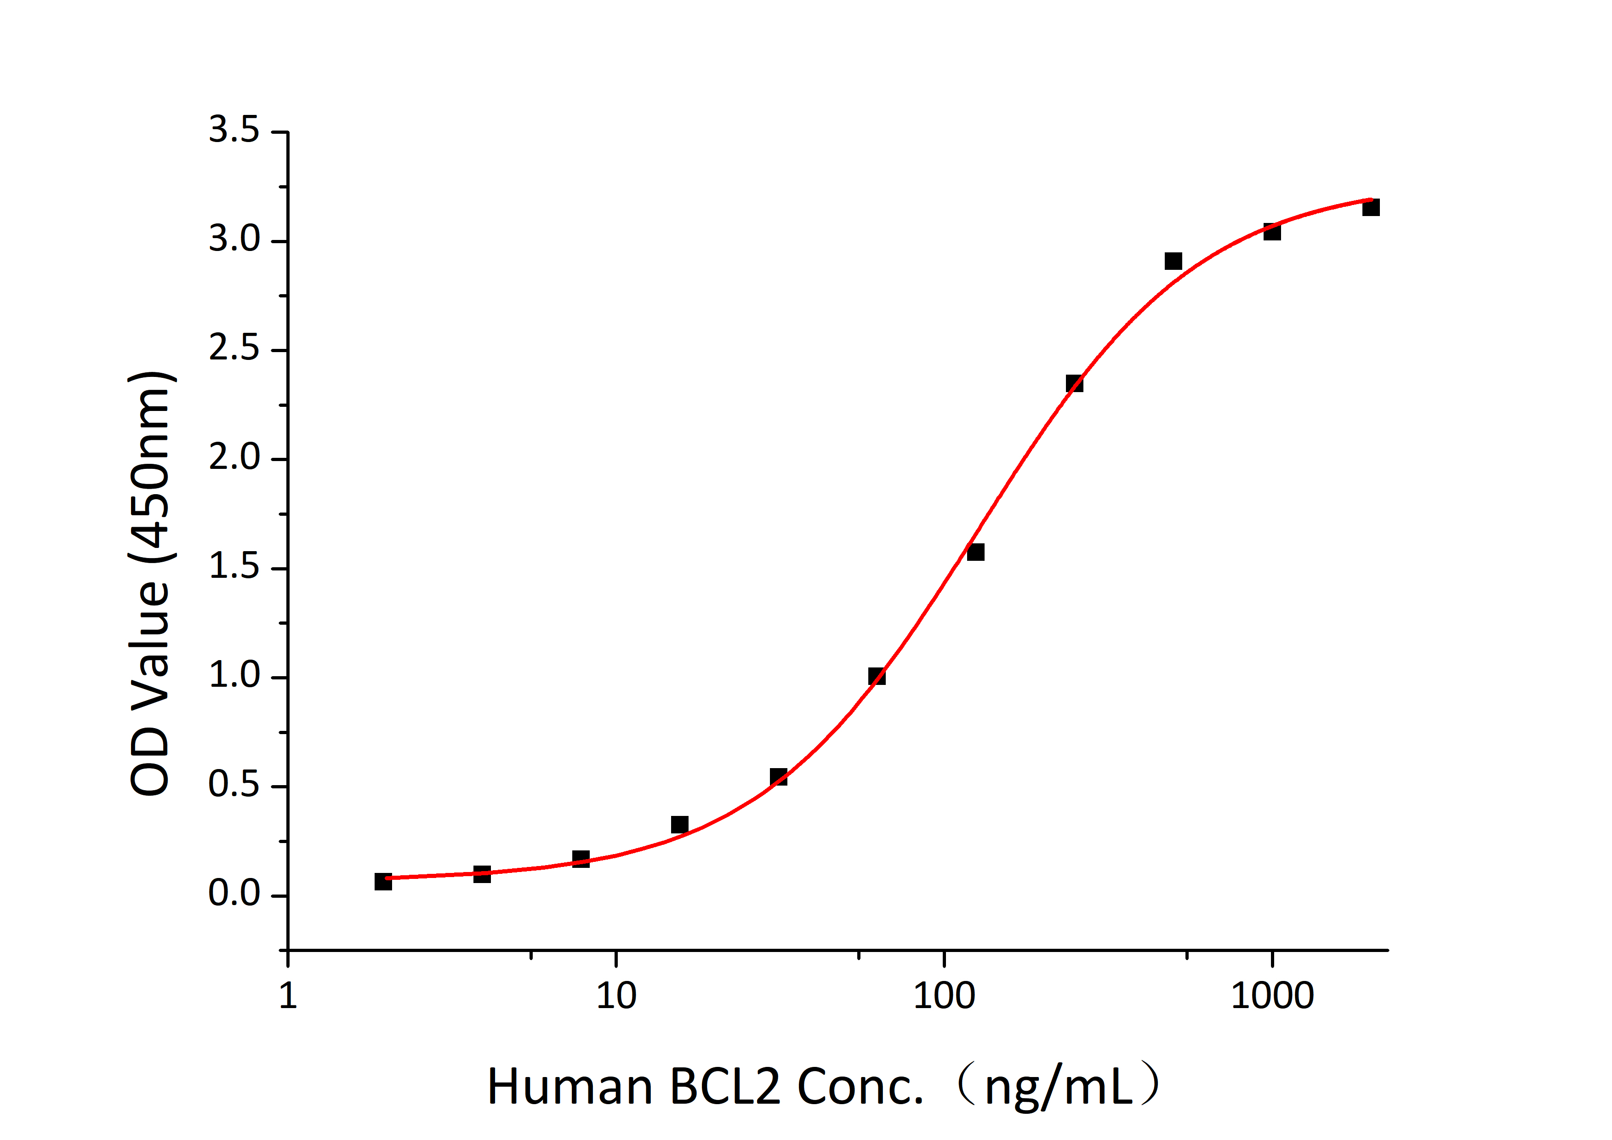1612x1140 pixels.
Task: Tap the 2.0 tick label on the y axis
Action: point(234,458)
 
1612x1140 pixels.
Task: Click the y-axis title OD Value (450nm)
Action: point(151,582)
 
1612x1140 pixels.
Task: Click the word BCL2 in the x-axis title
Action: point(724,1087)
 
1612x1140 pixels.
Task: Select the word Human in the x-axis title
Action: point(570,1087)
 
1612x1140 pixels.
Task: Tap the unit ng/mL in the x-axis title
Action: point(1059,1087)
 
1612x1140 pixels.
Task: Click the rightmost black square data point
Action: point(1371,207)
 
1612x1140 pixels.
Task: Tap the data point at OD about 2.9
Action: point(1173,261)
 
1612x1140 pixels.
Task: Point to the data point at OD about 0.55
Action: point(778,777)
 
